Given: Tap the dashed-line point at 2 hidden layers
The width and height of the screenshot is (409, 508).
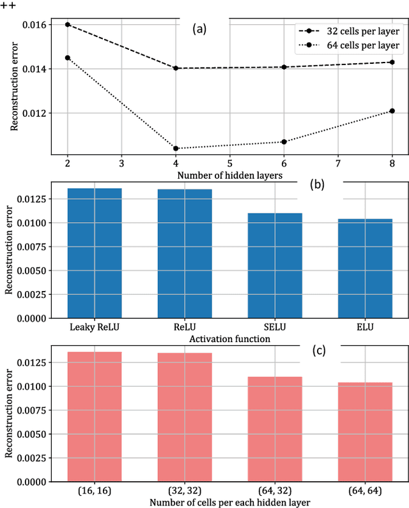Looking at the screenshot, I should [67, 24].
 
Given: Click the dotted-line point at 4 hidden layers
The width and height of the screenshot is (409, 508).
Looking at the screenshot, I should [176, 148].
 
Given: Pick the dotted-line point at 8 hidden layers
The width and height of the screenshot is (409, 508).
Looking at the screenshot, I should [392, 110].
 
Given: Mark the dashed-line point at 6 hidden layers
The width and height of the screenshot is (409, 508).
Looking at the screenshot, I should [284, 67].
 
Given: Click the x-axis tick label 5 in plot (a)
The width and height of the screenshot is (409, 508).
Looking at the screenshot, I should [229, 163].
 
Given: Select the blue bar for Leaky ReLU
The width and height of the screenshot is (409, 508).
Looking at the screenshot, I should [95, 253].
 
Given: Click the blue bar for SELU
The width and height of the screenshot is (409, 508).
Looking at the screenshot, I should [275, 265].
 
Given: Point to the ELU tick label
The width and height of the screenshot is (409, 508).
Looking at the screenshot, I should [365, 327].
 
